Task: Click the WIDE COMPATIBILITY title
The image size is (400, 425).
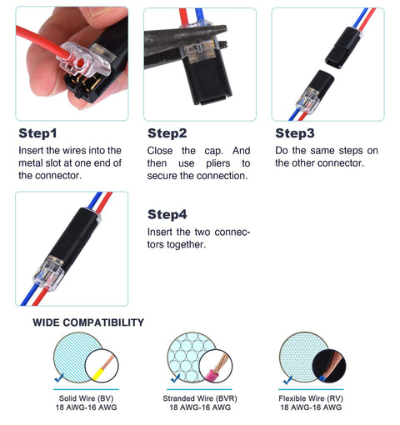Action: (88, 322)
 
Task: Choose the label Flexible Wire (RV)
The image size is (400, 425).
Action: (310, 398)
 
